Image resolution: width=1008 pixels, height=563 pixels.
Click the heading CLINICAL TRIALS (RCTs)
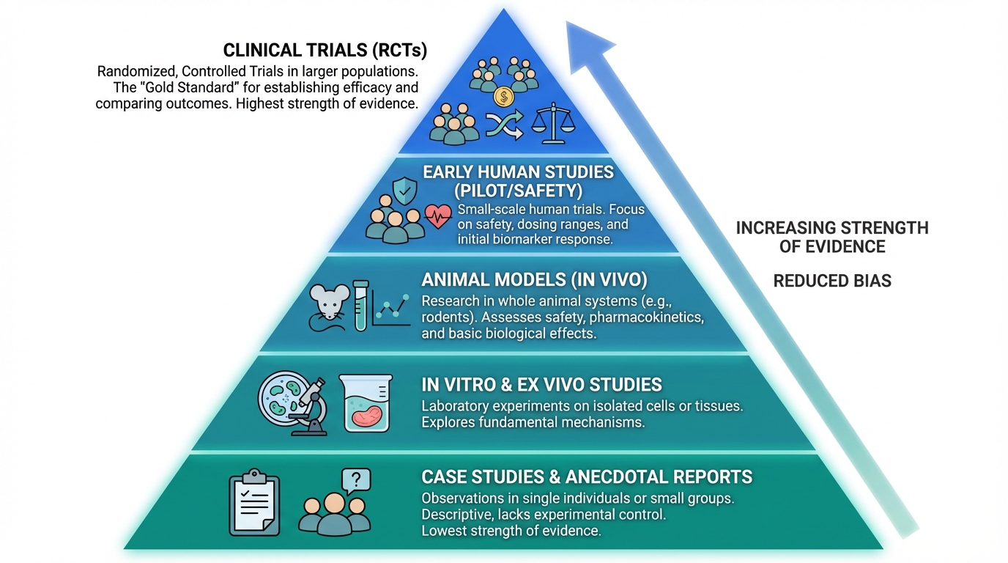[x=325, y=51]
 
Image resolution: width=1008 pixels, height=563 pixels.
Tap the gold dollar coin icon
[x=503, y=97]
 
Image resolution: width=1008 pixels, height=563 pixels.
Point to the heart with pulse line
[x=438, y=216]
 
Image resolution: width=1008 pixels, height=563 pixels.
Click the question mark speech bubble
[x=356, y=481]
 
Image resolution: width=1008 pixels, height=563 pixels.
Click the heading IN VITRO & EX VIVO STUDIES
[x=541, y=385]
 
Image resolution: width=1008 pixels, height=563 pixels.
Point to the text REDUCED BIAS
[x=832, y=281]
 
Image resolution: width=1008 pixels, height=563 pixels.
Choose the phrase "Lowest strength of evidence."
[x=511, y=531]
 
